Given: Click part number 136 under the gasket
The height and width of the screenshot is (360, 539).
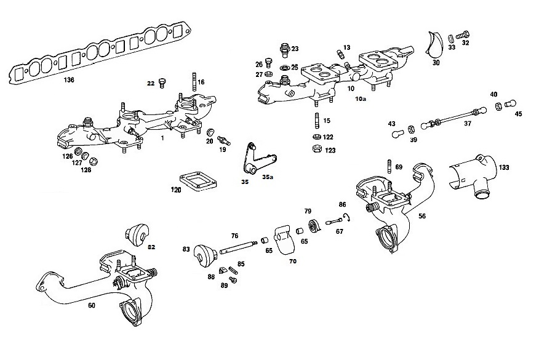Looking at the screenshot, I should [68, 80].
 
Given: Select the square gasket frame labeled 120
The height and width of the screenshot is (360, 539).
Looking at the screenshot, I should [196, 182].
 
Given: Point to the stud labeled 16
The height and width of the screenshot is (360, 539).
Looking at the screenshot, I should [194, 81].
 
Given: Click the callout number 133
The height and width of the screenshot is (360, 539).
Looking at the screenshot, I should [503, 167].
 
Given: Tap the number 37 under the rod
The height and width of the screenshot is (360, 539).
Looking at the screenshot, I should [467, 123].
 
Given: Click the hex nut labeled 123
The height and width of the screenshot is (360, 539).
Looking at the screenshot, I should [316, 149].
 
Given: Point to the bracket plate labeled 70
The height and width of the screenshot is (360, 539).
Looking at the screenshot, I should [283, 239].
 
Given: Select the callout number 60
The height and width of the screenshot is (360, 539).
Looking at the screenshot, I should [92, 305].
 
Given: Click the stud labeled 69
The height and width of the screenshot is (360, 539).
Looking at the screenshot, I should [389, 166].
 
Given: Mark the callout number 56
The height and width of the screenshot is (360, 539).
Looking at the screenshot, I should [422, 217].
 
